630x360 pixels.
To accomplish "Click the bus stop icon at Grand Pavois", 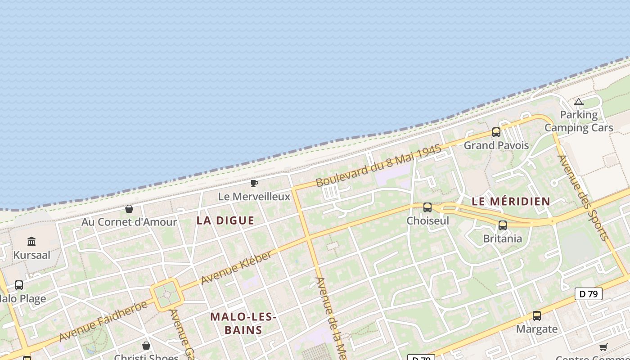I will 496,132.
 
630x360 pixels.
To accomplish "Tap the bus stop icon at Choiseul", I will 427,207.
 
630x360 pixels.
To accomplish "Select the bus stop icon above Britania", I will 503,225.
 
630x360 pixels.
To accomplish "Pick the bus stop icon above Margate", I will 536,316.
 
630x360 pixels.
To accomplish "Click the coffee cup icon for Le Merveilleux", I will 254,183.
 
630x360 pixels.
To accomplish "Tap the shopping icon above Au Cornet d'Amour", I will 129,209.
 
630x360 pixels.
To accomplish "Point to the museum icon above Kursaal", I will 31,242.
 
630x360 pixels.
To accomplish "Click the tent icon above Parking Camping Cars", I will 579,102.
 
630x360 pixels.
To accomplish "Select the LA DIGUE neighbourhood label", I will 225,220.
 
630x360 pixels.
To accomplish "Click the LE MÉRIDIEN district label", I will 511,202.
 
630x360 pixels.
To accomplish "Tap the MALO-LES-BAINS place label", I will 243,323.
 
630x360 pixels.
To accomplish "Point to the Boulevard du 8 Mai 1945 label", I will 378,166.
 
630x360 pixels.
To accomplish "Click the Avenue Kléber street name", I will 236,268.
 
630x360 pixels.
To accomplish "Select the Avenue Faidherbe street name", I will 103,321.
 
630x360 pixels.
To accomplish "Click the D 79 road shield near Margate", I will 589,294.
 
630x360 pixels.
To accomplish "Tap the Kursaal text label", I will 31,255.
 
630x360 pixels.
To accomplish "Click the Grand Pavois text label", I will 496,145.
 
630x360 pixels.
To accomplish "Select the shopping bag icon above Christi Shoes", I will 146,346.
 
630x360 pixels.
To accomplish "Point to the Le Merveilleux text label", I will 254,197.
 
